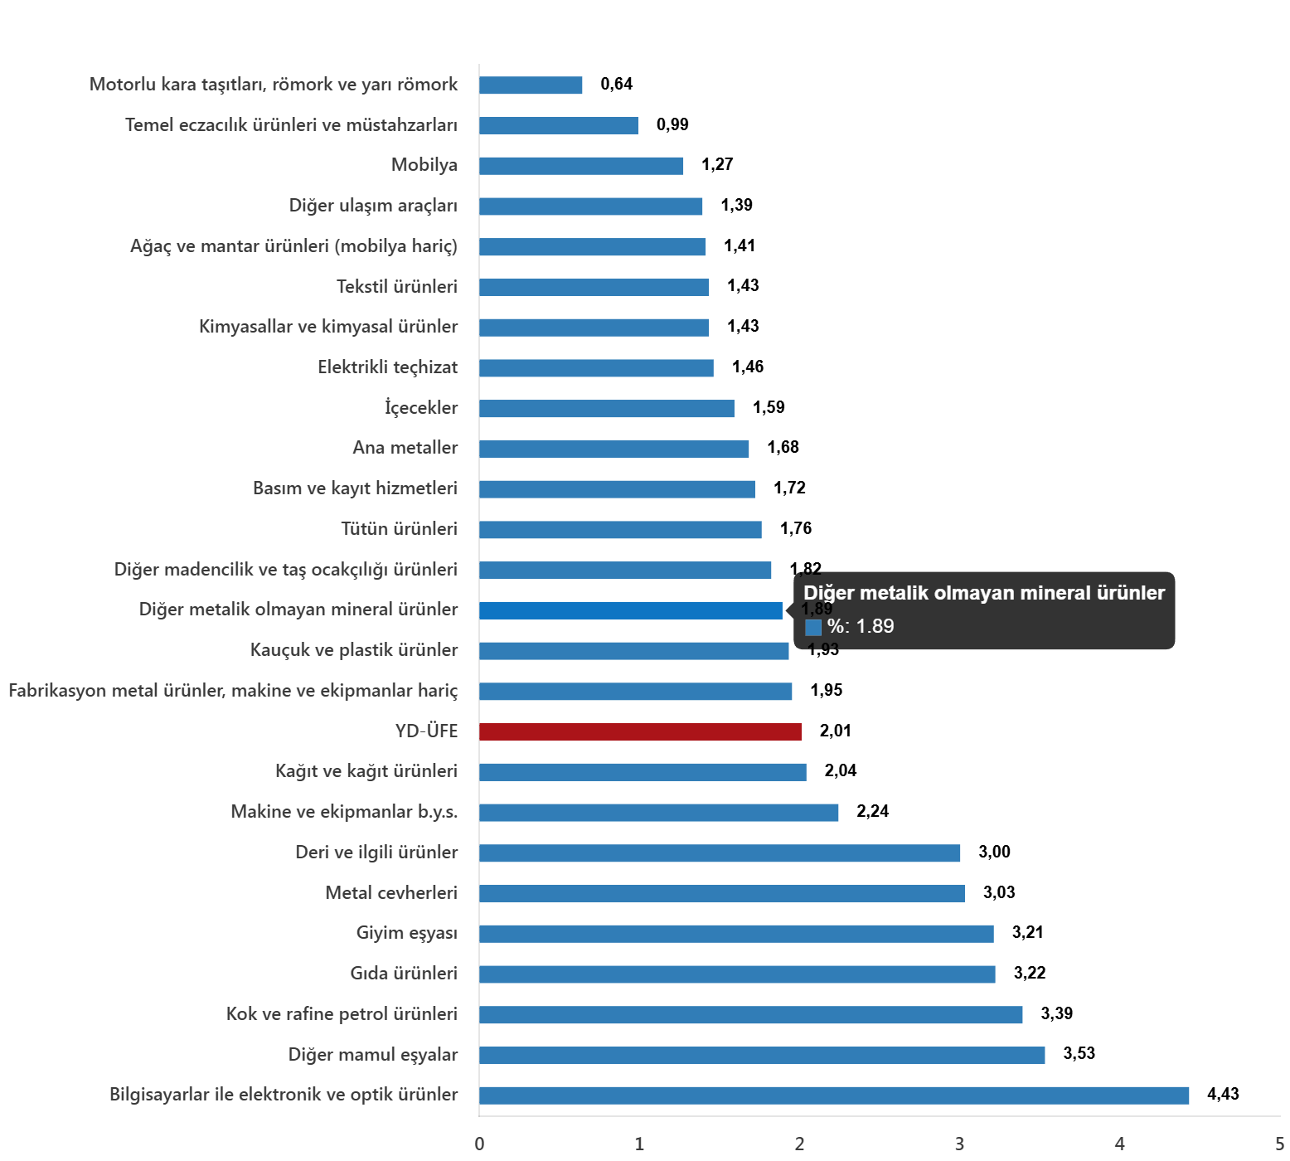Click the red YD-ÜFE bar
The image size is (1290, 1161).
point(640,731)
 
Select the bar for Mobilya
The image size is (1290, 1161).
point(581,166)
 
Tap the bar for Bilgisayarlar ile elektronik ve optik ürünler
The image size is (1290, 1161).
point(833,1095)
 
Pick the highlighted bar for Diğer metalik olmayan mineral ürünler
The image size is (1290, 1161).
point(630,610)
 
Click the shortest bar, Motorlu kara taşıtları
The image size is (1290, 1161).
point(531,85)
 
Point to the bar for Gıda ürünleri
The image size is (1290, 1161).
point(736,974)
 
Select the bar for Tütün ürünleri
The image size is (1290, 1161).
point(620,530)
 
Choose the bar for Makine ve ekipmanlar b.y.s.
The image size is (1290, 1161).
point(658,813)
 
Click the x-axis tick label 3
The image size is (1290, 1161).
point(959,1144)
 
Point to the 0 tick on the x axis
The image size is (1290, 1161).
point(479,1144)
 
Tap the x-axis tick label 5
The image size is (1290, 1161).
point(1279,1144)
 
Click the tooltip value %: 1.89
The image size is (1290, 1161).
point(861,626)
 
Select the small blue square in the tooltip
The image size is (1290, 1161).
point(813,628)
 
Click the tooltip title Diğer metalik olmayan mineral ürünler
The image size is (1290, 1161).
point(984,593)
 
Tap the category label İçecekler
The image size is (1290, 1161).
point(421,407)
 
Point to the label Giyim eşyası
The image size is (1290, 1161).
point(406,933)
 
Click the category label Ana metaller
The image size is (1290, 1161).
point(405,448)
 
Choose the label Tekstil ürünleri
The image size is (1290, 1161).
point(396,287)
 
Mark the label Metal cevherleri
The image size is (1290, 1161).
point(390,893)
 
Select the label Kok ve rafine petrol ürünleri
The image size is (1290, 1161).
point(342,1014)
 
